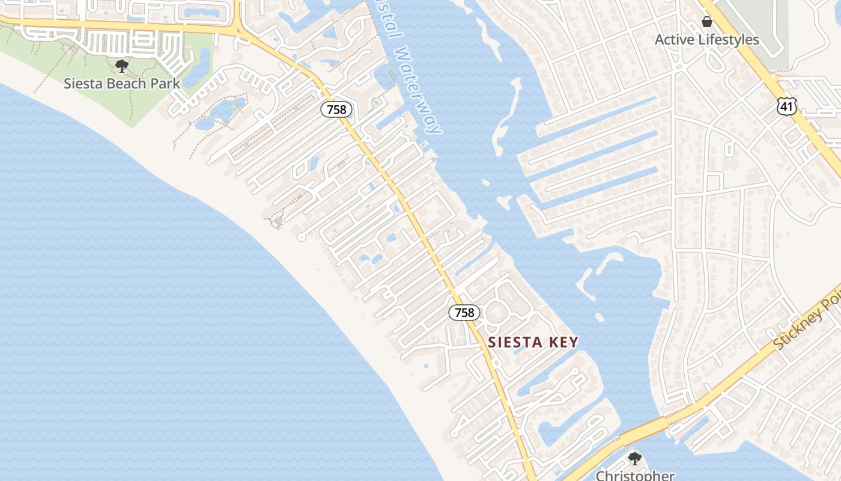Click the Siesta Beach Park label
pos(122,84)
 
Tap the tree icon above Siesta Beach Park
pos(122,66)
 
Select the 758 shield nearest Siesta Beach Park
pos(336,109)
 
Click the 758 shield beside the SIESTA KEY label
pos(464,313)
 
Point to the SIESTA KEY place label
pos(533,343)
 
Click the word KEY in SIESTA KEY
pos(562,343)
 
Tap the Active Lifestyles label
pos(707,40)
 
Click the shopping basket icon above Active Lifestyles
pos(707,22)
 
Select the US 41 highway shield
pos(786,107)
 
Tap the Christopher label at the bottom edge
pos(635,476)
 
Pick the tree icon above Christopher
pos(634,459)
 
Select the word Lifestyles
pos(729,40)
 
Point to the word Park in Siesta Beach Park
pos(165,84)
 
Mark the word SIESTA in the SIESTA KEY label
pos(514,343)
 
